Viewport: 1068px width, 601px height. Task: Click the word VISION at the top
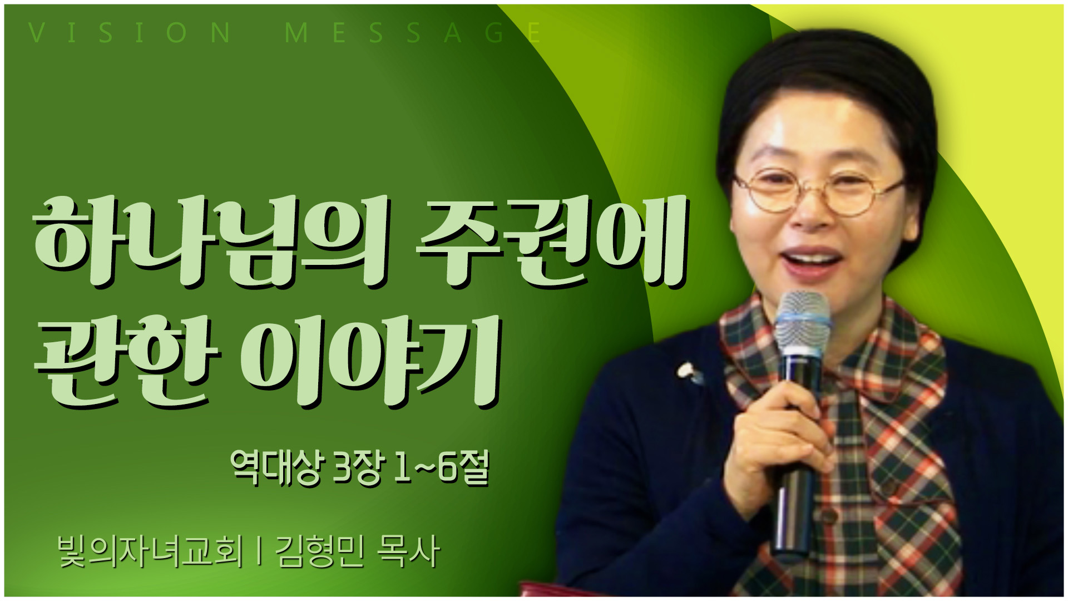129,33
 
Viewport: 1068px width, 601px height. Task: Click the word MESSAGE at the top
413,33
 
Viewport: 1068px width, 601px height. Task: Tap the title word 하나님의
211,242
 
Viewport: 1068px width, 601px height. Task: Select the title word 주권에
552,242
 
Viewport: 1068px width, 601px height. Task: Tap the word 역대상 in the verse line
275,467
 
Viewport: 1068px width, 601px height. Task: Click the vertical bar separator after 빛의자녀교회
259,552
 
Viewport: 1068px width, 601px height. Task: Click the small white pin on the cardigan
689,372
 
